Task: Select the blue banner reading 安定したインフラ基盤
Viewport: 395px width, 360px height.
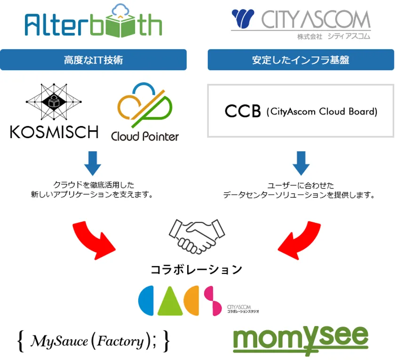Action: pos(300,60)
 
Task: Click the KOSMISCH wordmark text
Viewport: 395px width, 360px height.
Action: pos(54,132)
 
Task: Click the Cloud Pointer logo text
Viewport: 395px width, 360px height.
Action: pos(145,136)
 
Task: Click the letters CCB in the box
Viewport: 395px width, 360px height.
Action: pos(243,112)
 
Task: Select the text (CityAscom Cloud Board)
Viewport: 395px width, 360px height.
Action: pos(322,112)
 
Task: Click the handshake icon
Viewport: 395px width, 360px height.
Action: pos(197,235)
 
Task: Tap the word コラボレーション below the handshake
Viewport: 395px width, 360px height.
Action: pos(197,269)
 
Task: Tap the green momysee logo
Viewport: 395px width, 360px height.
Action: pos(301,338)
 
